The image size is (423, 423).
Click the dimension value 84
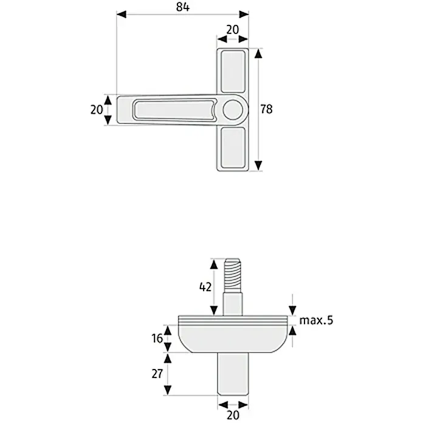coord(183,7)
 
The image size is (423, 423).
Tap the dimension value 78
coord(266,109)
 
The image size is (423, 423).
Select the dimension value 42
coord(205,287)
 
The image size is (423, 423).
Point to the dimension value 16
coord(157,339)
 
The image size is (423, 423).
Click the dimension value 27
coord(157,374)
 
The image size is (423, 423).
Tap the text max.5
coord(317,320)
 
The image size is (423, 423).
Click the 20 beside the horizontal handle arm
coord(97,110)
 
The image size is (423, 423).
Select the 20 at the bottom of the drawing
coord(233,414)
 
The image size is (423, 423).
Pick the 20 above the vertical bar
coord(233,30)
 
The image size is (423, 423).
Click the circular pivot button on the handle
coord(233,110)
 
